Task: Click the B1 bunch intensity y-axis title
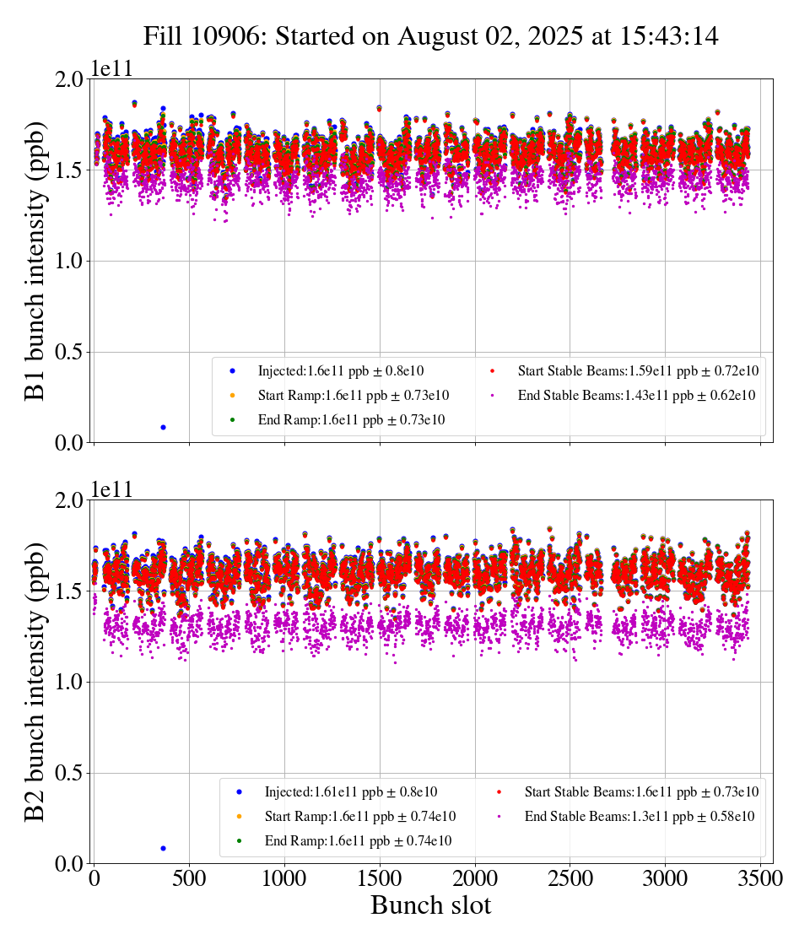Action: click(35, 260)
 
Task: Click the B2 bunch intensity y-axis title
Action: click(35, 682)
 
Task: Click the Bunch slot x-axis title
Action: click(430, 906)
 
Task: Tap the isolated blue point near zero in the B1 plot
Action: click(163, 427)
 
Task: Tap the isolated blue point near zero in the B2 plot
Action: click(163, 848)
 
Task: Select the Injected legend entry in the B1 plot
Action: click(337, 371)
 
